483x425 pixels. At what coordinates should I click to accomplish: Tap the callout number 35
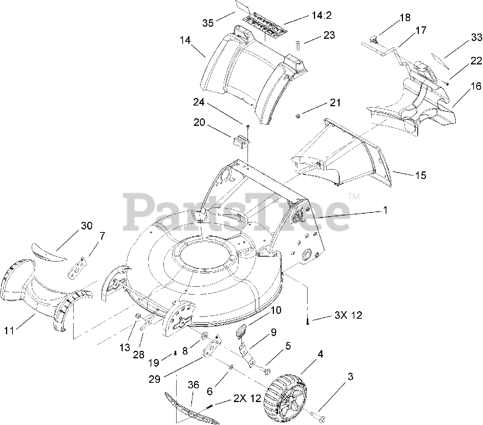(208, 23)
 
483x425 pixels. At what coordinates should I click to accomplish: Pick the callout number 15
(421, 175)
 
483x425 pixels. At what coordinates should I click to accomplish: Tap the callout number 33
(477, 37)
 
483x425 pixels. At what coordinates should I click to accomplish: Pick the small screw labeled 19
(175, 353)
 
